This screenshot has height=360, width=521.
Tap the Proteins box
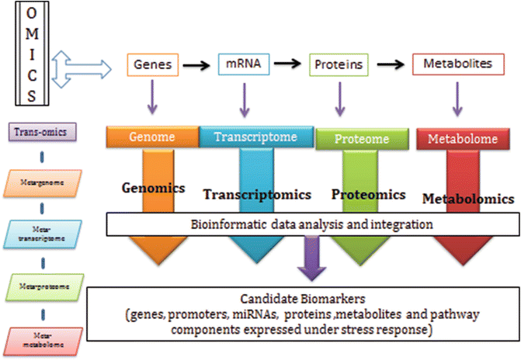tap(338, 65)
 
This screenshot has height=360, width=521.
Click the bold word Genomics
tap(152, 188)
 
